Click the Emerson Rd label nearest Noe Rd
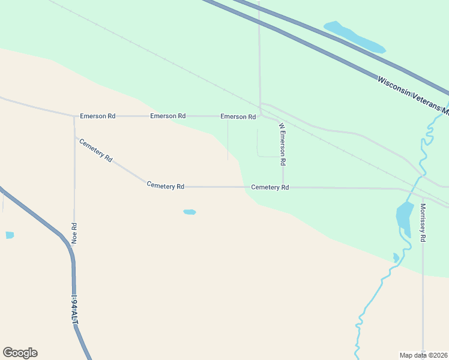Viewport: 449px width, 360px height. click(97, 116)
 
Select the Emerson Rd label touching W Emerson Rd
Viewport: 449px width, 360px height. click(238, 116)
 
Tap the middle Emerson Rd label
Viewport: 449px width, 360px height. click(168, 116)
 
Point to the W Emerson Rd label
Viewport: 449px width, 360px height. click(282, 145)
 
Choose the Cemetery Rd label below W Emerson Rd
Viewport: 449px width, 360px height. click(270, 187)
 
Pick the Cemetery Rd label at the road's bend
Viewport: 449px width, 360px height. click(165, 187)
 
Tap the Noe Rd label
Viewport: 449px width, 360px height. click(75, 233)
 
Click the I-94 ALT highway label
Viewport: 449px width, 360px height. click(75, 310)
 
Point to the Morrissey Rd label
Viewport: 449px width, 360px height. click(423, 223)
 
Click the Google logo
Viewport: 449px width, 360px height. click(20, 353)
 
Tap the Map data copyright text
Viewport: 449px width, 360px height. click(423, 355)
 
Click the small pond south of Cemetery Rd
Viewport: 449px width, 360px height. click(190, 212)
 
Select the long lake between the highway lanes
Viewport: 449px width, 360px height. click(354, 37)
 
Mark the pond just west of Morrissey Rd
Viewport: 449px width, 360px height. click(404, 215)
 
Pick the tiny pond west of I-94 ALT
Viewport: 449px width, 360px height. click(10, 235)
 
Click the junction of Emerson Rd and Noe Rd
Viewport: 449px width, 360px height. click(74, 116)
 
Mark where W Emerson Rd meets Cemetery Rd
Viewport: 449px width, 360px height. click(283, 187)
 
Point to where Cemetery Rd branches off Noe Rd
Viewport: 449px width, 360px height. click(75, 137)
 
